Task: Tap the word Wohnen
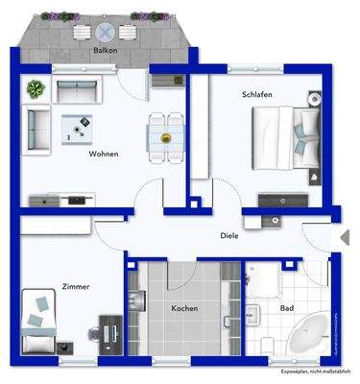(x=104, y=154)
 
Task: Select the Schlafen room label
(x=256, y=96)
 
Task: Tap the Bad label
(x=286, y=308)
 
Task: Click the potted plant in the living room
(x=36, y=89)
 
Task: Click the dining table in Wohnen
(x=165, y=136)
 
